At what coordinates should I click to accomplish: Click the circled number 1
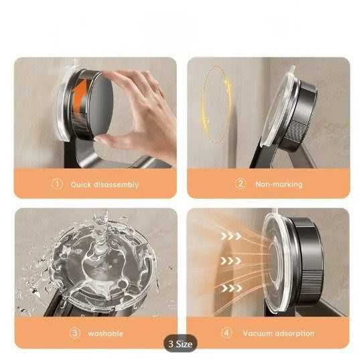(x=57, y=184)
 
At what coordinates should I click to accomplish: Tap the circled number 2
(x=240, y=184)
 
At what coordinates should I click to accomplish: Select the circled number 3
(x=75, y=333)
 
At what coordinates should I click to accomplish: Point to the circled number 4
(x=226, y=333)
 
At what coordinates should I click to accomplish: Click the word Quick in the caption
(x=81, y=185)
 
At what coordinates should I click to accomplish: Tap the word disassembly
(x=117, y=185)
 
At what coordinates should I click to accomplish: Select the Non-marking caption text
(x=279, y=184)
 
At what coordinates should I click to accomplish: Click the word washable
(x=105, y=333)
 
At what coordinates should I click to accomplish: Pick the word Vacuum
(x=258, y=333)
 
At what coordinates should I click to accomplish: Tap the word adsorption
(x=295, y=333)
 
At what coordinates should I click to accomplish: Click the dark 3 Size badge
(x=181, y=344)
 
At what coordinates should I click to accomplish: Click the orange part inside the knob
(x=80, y=96)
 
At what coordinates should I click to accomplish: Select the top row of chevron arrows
(x=230, y=236)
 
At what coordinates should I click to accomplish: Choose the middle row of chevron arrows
(x=230, y=261)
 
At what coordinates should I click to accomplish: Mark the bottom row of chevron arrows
(x=231, y=288)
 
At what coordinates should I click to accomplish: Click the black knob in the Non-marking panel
(x=301, y=115)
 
